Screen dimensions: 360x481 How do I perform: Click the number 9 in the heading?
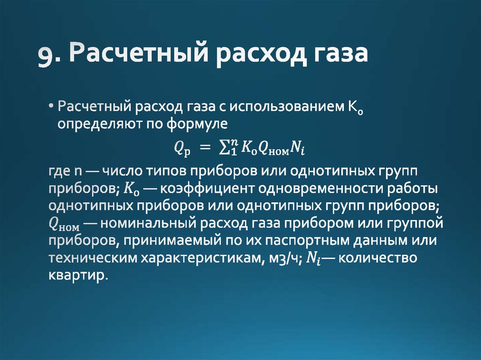[x=46, y=55]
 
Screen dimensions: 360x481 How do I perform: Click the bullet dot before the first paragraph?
[x=51, y=107]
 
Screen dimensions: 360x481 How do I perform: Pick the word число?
[x=124, y=171]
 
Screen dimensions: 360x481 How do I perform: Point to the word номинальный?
[x=145, y=223]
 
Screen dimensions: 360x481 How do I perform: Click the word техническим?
[x=85, y=258]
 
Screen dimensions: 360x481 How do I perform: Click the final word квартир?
[x=78, y=275]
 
